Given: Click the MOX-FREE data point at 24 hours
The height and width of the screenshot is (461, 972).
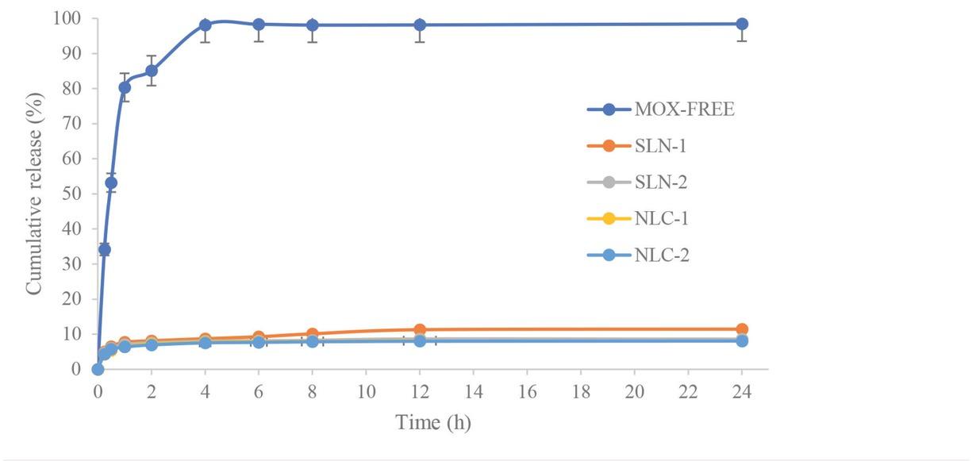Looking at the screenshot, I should click(x=742, y=24).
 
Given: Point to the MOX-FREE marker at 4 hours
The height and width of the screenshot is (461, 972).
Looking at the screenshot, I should click(x=205, y=25).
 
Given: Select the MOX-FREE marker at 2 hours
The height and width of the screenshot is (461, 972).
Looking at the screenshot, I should click(x=152, y=71).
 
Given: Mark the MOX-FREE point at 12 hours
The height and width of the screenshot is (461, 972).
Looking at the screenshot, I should click(x=420, y=25).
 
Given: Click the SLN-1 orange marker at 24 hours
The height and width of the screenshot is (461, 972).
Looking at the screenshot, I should click(x=742, y=328).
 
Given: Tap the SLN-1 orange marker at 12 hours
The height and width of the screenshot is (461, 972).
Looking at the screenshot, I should click(x=420, y=329).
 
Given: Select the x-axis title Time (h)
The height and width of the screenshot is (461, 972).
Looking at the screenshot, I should click(x=433, y=423).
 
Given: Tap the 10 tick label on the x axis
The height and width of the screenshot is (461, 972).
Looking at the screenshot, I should click(x=366, y=391).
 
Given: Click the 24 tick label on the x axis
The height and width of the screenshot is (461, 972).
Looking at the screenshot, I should click(x=742, y=391).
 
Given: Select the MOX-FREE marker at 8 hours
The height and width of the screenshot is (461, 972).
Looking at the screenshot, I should click(x=313, y=25).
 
